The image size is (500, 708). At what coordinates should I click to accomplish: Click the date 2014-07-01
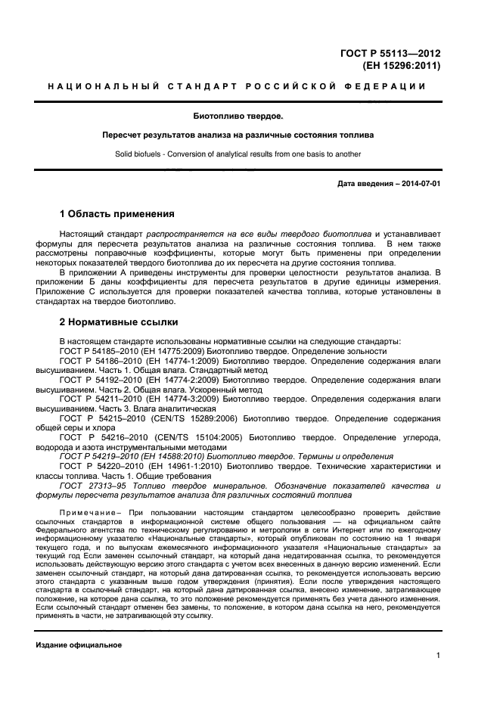[421, 185]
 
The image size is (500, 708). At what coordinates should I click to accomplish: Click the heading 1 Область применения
[116, 214]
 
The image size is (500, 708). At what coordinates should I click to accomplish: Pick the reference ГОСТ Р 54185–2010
[96, 351]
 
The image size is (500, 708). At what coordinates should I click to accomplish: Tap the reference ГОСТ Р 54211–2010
[96, 398]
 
